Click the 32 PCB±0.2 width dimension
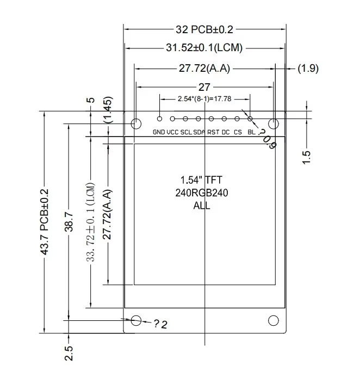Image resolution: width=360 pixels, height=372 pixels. click(x=204, y=29)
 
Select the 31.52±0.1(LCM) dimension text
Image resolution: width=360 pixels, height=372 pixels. click(x=204, y=48)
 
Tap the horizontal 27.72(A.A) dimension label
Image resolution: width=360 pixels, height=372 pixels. click(x=204, y=69)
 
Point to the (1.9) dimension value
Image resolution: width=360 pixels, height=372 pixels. click(x=308, y=69)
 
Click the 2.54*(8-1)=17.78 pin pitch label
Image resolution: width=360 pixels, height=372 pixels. click(x=204, y=98)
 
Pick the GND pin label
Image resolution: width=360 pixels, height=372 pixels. click(x=159, y=132)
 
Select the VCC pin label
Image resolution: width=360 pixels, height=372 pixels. click(x=172, y=132)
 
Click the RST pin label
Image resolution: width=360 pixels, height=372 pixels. click(x=213, y=132)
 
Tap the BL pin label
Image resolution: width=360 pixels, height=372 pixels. click(x=251, y=132)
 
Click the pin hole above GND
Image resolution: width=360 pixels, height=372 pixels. click(x=159, y=119)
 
